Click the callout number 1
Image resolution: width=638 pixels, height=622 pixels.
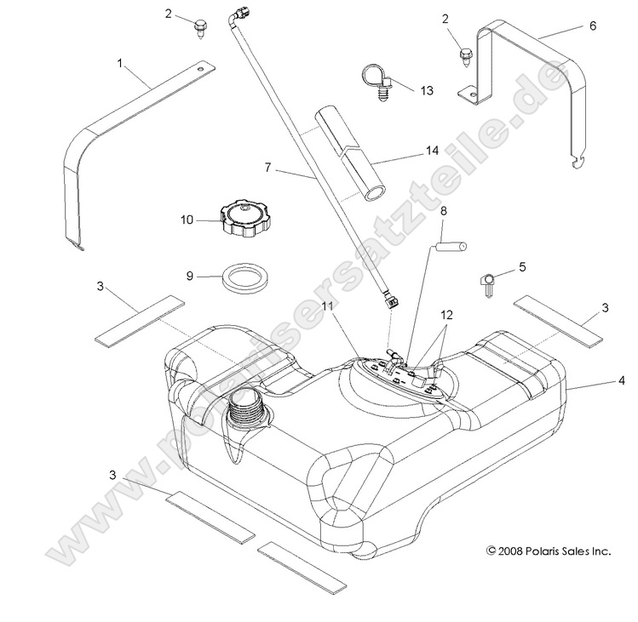point(120,63)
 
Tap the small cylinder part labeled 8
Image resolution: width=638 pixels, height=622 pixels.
point(452,248)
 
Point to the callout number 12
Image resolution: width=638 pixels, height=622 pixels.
point(446,314)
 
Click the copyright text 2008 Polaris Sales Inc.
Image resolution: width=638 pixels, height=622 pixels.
point(549,551)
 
